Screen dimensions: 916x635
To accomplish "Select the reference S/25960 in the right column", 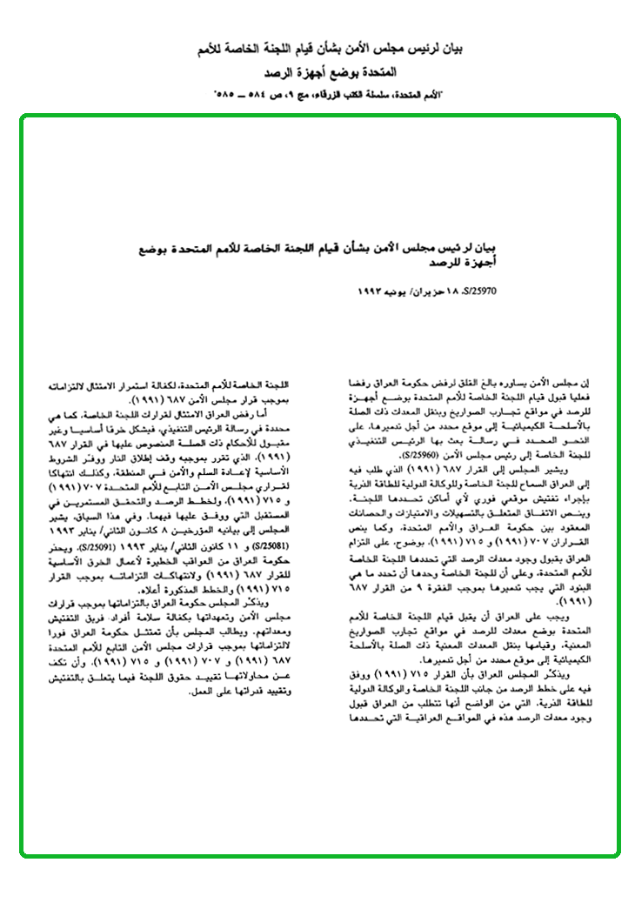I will [422, 453].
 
